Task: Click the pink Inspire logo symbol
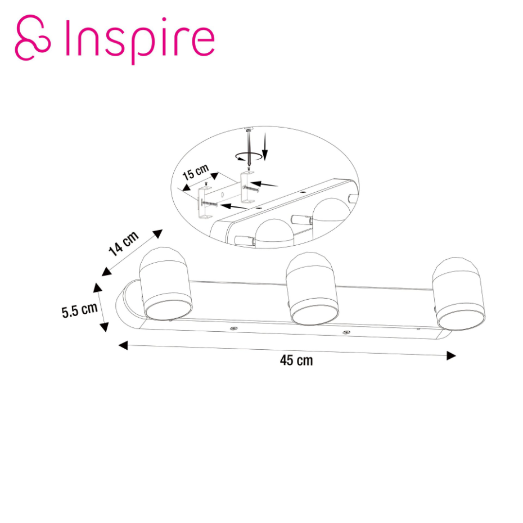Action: coord(33,37)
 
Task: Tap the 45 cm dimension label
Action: coord(296,360)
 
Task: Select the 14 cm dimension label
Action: coord(124,244)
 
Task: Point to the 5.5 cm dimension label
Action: coord(80,310)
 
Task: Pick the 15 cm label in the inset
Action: coord(196,172)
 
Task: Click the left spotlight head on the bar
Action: coord(165,283)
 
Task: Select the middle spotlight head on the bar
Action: coord(312,288)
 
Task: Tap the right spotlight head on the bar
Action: coord(459,294)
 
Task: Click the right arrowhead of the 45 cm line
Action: coord(452,355)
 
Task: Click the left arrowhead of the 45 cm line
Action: coord(123,345)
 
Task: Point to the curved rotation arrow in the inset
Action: coord(249,156)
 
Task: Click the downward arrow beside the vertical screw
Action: coord(265,146)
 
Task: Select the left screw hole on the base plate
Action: coord(233,328)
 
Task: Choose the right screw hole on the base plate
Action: coord(347,332)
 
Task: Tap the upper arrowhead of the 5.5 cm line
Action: coord(97,287)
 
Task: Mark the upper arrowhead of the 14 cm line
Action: coord(158,233)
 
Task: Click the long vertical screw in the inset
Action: coord(249,148)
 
